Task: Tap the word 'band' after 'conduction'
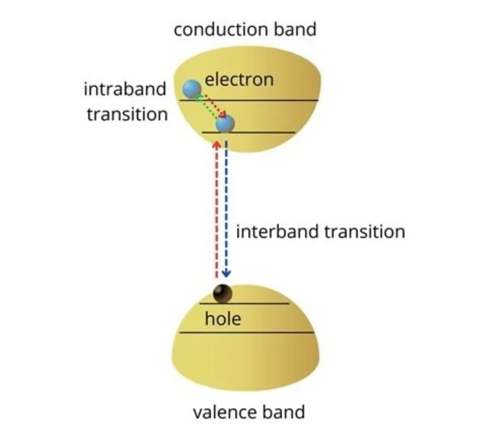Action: [295, 29]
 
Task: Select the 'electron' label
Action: [239, 80]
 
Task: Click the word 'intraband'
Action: [125, 89]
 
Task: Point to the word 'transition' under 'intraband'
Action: [127, 115]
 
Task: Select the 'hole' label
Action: [223, 319]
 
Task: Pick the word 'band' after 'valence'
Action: [283, 412]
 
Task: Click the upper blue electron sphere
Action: [192, 89]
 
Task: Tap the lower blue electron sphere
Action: [225, 123]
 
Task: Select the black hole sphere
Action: [223, 293]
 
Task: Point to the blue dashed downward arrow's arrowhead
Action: [227, 274]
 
